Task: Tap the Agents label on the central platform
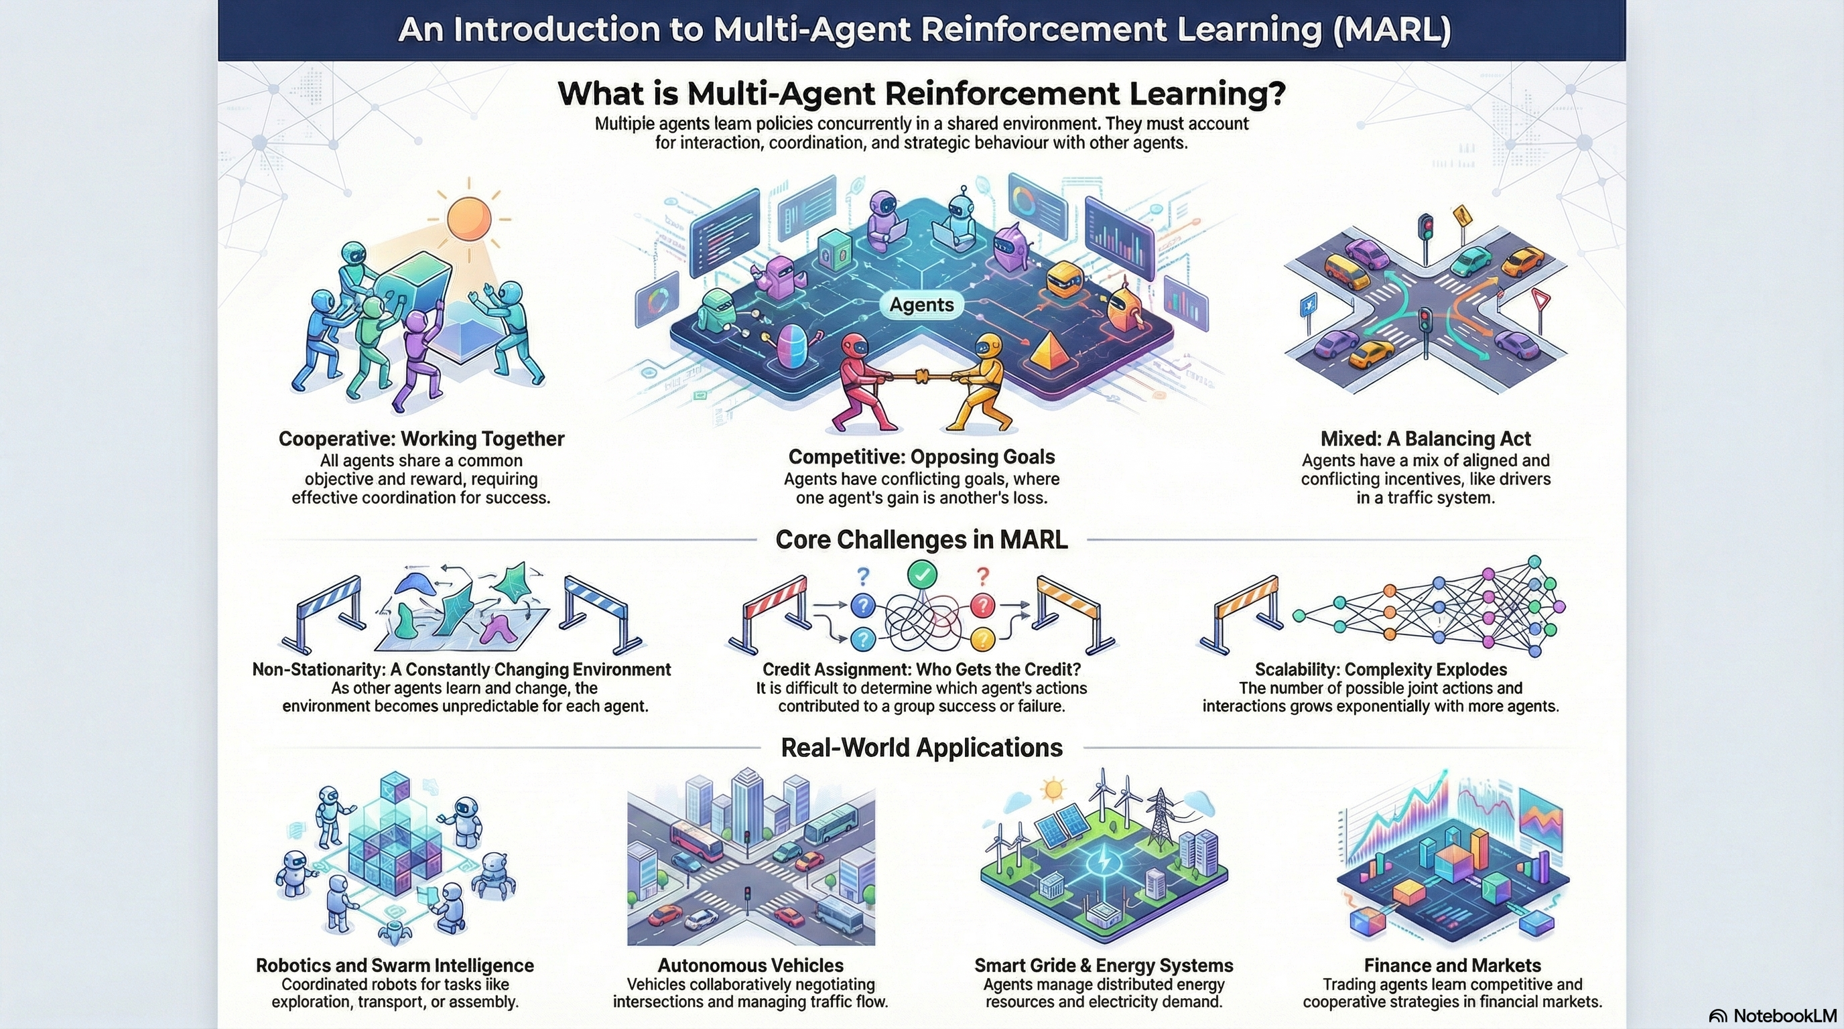921,305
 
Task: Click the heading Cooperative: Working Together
421,439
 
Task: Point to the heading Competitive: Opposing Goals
921,456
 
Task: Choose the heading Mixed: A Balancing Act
1425,439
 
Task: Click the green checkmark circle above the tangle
921,574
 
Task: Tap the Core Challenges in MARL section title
921,539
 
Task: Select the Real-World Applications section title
921,748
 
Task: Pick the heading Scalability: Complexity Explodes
1380,670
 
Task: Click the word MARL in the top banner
1392,30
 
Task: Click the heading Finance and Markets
1452,965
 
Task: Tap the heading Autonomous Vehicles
750,965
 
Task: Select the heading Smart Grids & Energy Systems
1103,965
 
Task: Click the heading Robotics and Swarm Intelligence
395,965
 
